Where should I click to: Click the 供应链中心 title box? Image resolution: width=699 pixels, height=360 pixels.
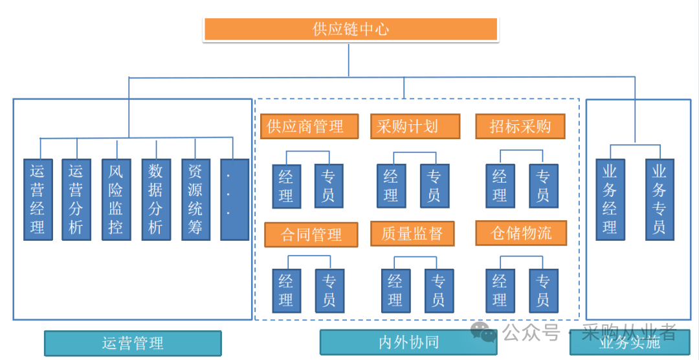350,30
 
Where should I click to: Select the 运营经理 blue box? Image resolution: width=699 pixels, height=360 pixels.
38,199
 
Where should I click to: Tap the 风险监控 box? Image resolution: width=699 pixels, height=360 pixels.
116,199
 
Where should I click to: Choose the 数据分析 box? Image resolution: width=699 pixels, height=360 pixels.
156,199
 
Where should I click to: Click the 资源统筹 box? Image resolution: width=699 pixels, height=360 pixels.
195,199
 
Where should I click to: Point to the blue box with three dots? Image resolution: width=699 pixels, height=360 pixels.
234,199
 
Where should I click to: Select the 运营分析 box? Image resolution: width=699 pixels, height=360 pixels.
76,199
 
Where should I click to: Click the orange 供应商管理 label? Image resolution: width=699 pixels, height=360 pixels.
309,126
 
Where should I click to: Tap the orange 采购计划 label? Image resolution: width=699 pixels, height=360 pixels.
414,126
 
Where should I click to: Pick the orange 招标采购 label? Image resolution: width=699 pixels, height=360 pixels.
520,126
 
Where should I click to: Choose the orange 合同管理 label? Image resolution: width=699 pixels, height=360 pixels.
311,234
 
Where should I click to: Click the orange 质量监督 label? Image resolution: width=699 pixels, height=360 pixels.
412,234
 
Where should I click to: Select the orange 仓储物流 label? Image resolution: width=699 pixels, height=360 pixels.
520,233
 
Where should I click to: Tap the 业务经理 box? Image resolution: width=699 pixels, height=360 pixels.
610,199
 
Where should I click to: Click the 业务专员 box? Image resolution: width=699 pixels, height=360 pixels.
659,199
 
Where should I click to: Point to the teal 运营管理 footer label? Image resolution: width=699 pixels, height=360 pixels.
133,343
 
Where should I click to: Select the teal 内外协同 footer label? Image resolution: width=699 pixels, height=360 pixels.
408,343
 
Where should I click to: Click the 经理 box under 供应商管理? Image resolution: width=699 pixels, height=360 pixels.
286,186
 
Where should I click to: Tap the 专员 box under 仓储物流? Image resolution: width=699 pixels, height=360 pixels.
543,291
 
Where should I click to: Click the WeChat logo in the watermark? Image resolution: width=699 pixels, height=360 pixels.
483,333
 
